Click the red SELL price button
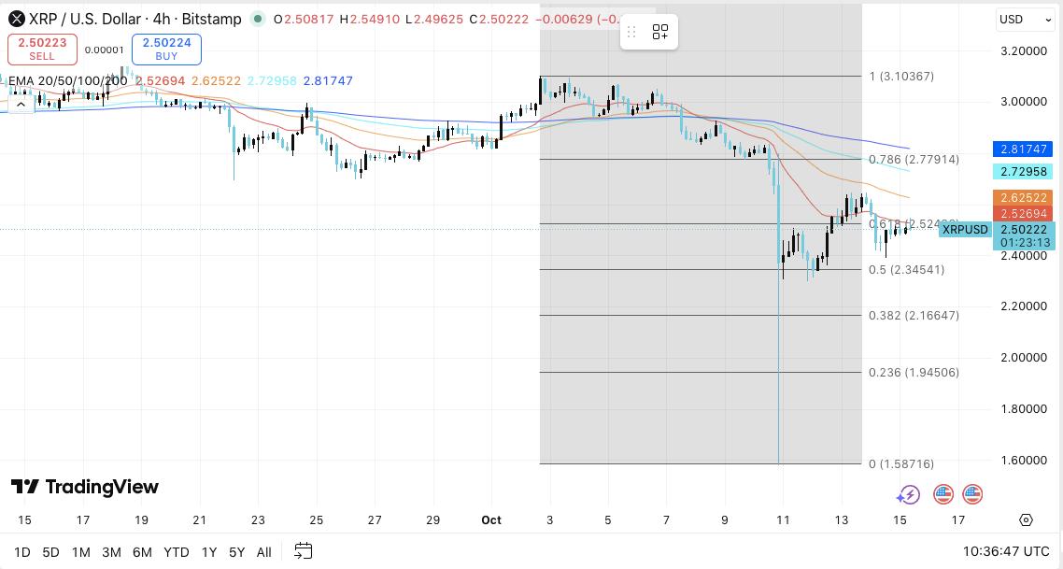coord(42,50)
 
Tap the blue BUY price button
coord(166,50)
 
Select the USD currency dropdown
coord(1024,19)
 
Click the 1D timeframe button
coord(21,552)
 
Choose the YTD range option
coord(176,552)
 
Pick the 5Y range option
coord(237,552)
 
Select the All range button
coord(264,552)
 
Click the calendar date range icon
coord(303,551)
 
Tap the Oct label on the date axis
coord(491,520)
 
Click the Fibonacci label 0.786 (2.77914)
coord(914,160)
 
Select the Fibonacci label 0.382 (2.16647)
coord(914,316)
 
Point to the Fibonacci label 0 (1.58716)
coord(900,464)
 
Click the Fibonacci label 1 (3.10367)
coord(901,77)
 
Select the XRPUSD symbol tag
coord(965,230)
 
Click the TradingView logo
coord(85,487)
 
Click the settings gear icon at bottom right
coord(1026,520)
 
